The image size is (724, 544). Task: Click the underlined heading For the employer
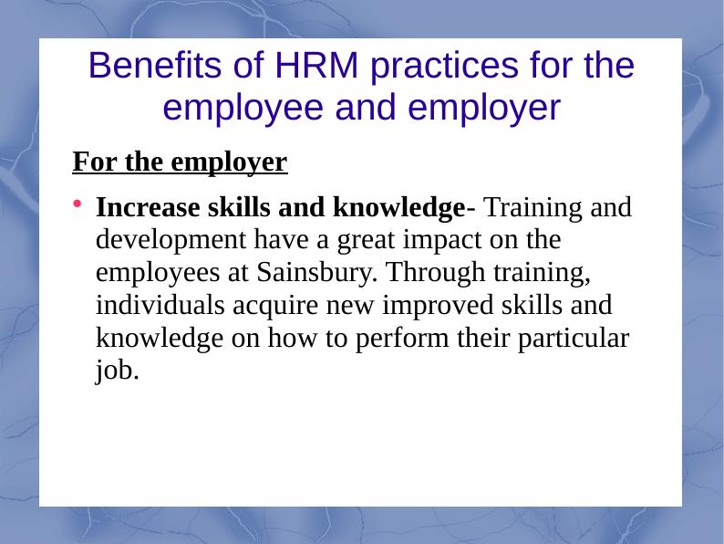(180, 163)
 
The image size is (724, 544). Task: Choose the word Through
(429, 273)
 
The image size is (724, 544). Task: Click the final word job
(117, 369)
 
